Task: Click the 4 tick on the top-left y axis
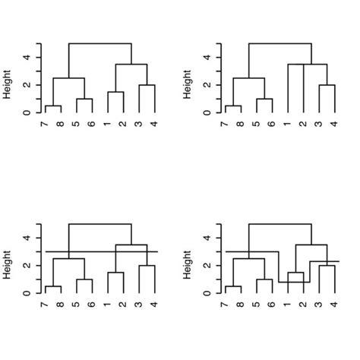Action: click(x=27, y=57)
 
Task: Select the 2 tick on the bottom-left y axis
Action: click(x=27, y=265)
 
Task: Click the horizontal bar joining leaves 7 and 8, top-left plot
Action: click(x=53, y=106)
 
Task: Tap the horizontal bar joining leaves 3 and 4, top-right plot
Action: click(x=327, y=85)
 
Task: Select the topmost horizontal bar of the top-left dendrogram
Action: click(x=100, y=43)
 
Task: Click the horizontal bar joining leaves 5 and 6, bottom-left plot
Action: click(x=84, y=279)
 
